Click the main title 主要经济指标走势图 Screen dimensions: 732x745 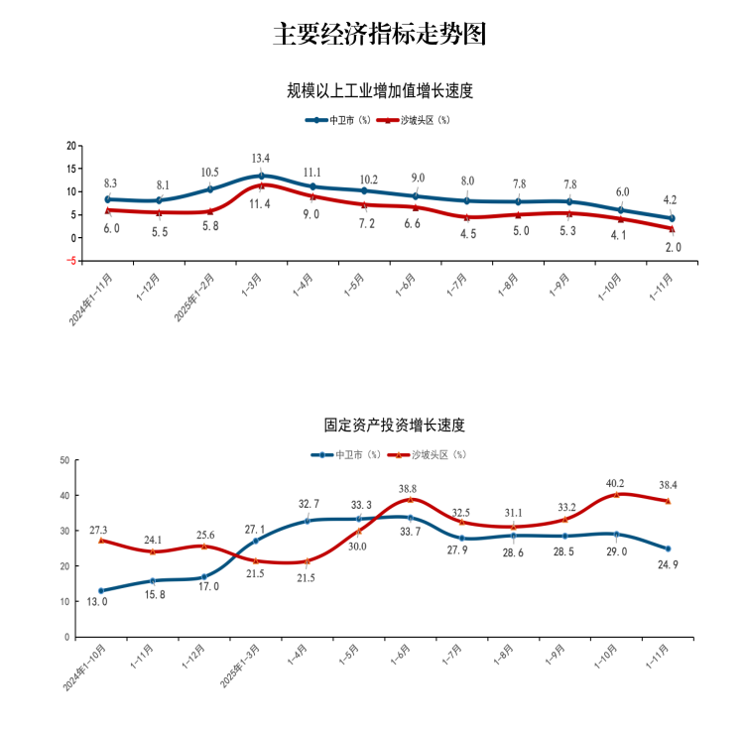tap(380, 35)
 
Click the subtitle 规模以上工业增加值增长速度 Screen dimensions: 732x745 tap(380, 91)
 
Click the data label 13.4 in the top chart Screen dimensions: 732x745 tap(261, 159)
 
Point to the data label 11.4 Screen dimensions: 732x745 tap(261, 203)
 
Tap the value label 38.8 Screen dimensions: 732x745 tap(408, 489)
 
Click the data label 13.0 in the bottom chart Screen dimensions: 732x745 tap(97, 602)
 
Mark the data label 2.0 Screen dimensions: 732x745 tap(673, 247)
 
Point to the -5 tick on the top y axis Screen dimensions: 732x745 tap(71, 261)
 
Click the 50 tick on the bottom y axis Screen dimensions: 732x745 tap(63, 460)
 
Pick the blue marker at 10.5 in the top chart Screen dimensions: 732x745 tap(209, 188)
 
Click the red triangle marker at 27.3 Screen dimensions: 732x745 tap(101, 541)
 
